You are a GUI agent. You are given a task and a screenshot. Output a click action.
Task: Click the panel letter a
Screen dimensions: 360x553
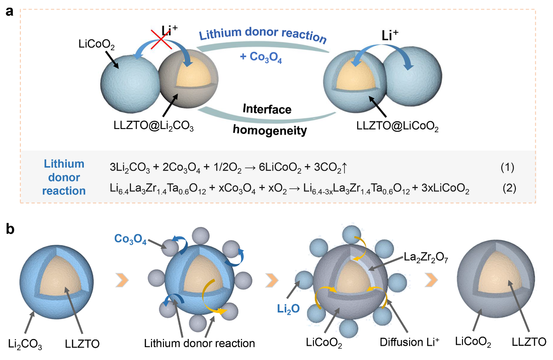(9, 11)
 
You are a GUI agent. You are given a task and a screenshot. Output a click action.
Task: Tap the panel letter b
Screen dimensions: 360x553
(10, 230)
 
